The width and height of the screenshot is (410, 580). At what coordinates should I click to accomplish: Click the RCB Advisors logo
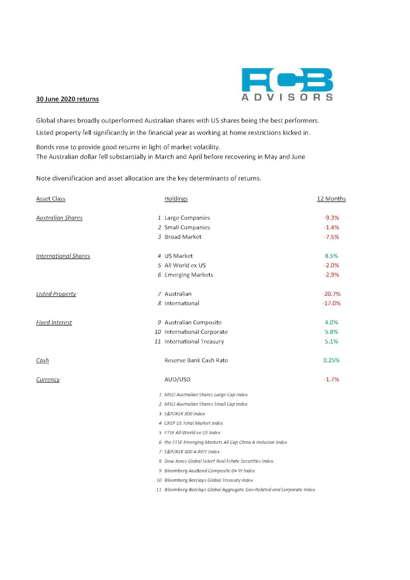point(287,84)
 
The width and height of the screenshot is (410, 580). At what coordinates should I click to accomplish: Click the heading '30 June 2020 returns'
point(67,99)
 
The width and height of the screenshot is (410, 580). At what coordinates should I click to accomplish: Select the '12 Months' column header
point(331,199)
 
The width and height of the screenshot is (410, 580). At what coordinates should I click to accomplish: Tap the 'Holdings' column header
point(176,199)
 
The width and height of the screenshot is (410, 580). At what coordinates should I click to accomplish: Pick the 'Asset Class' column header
point(51,199)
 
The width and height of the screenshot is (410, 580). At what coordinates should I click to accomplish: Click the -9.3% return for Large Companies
point(331,218)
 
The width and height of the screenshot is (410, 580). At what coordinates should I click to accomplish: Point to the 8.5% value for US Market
point(331,256)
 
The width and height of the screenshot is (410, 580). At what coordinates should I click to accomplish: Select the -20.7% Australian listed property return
point(331,294)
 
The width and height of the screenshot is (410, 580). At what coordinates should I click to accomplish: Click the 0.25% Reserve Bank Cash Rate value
point(331,360)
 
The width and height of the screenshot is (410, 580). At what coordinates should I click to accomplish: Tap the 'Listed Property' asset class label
point(56,294)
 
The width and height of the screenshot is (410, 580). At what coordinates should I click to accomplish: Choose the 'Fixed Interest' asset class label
point(54,322)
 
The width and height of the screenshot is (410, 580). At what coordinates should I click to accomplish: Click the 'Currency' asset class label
point(48,379)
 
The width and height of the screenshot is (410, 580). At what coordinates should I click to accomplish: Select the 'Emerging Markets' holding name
point(189,275)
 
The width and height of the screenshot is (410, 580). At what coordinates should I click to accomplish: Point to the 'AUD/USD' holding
point(177,379)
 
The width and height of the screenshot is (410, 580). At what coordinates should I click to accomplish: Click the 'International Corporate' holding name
point(196,332)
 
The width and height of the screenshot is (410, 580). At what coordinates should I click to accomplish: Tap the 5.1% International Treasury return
point(331,342)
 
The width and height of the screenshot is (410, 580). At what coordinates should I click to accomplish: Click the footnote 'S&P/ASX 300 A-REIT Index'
point(192,452)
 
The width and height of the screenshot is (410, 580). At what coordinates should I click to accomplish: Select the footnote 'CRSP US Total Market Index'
point(193,423)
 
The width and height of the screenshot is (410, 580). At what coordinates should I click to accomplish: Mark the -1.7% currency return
point(331,379)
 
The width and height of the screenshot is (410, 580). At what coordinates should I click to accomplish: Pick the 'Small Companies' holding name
point(187,227)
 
